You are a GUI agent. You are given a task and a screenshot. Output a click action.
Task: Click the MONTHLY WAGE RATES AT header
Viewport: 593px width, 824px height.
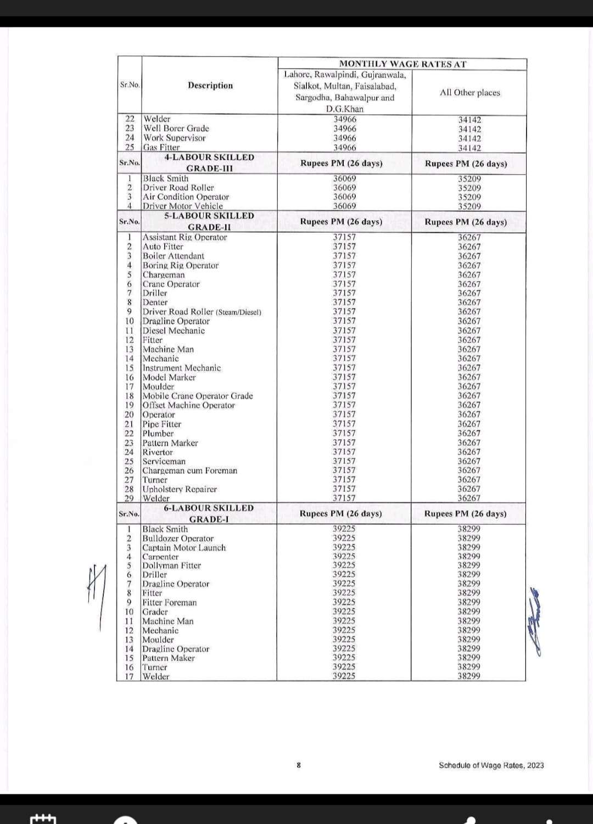coord(402,64)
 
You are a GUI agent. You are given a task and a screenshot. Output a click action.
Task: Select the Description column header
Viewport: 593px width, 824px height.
coord(210,85)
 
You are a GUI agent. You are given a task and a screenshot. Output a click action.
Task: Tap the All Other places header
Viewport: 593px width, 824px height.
coord(469,92)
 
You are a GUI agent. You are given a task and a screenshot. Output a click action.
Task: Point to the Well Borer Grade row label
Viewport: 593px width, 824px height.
coord(176,128)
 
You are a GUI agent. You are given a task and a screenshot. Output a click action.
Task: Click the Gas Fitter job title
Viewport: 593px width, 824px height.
coord(161,147)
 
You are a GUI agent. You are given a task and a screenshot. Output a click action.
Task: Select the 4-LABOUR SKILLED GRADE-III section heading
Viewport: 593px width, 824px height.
coord(209,162)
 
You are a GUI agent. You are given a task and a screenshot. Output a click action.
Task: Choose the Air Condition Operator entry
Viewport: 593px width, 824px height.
coord(186,197)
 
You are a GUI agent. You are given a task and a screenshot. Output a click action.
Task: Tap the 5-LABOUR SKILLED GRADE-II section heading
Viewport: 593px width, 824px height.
coord(209,221)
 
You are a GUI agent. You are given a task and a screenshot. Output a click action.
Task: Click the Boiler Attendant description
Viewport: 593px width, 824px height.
coord(173,256)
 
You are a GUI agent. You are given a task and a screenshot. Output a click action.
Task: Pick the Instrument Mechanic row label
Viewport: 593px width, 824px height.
coord(181,368)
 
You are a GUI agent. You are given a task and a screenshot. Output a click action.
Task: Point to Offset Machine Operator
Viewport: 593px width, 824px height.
coord(188,405)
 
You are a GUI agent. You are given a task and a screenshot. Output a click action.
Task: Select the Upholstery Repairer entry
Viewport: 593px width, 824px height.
coord(180,489)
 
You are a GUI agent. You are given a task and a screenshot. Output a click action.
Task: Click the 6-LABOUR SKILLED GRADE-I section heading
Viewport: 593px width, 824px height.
coord(209,513)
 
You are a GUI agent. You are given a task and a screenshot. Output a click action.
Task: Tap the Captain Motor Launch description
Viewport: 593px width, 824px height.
coord(184,547)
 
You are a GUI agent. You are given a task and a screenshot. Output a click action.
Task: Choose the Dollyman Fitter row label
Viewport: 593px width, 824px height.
coord(171,565)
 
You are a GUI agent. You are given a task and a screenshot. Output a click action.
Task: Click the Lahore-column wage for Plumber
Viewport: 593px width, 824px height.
coord(344,433)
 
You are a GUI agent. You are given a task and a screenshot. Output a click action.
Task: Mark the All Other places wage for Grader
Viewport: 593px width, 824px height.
coord(469,612)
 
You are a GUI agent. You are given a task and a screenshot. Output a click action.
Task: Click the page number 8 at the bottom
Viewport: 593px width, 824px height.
coord(299,765)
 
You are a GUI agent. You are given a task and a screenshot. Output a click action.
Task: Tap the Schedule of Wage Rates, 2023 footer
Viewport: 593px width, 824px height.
coord(491,765)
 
